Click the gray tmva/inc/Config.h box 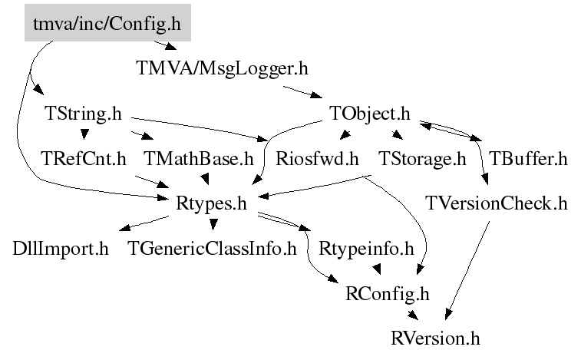[107, 25]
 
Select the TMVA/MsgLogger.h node [221, 69]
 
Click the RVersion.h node [435, 337]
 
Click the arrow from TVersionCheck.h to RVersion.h [468, 269]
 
